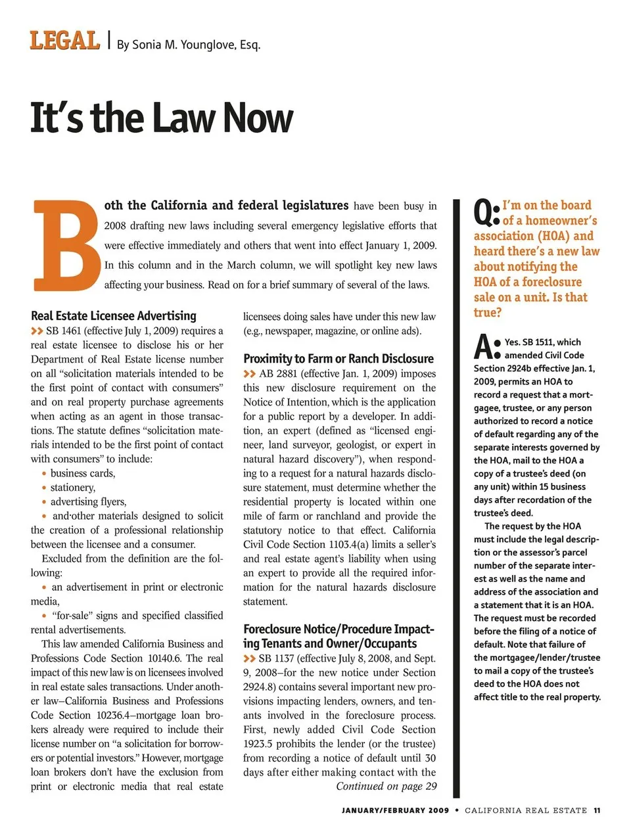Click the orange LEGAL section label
pyautogui.click(x=64, y=41)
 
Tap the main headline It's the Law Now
pyautogui.click(x=162, y=118)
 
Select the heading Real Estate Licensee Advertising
pyautogui.click(x=114, y=315)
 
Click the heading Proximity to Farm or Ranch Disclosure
pyautogui.click(x=339, y=359)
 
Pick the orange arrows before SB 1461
pyautogui.click(x=37, y=331)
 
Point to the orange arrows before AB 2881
pyautogui.click(x=249, y=374)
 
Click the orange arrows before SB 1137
pyautogui.click(x=249, y=658)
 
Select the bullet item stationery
pyautogui.click(x=73, y=488)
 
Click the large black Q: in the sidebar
pyautogui.click(x=486, y=212)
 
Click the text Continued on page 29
pyautogui.click(x=386, y=787)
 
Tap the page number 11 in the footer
pyautogui.click(x=597, y=810)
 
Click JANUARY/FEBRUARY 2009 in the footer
pyautogui.click(x=395, y=810)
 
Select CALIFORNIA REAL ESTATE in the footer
pyautogui.click(x=526, y=810)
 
